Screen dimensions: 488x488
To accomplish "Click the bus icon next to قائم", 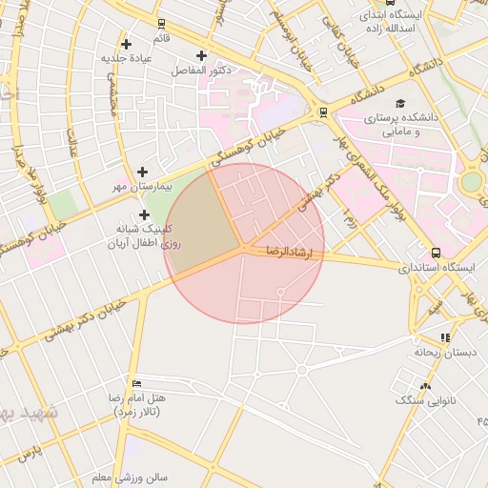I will pyautogui.click(x=160, y=23).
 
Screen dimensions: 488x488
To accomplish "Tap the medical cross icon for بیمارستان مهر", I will pyautogui.click(x=142, y=173).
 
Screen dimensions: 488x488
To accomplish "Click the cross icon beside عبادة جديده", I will pyautogui.click(x=199, y=55).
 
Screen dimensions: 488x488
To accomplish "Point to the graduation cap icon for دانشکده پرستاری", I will pyautogui.click(x=399, y=103).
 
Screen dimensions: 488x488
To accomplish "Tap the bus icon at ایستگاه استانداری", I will pyautogui.click(x=436, y=253).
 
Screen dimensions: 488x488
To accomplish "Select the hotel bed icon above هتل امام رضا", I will pyautogui.click(x=137, y=382).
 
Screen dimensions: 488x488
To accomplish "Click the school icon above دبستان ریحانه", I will pyautogui.click(x=445, y=337).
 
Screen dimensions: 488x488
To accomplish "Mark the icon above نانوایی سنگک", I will pyautogui.click(x=425, y=386).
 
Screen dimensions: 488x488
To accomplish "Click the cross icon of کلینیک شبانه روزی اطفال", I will pyautogui.click(x=145, y=215).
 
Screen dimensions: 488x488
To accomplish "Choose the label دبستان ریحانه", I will pyautogui.click(x=444, y=352).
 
